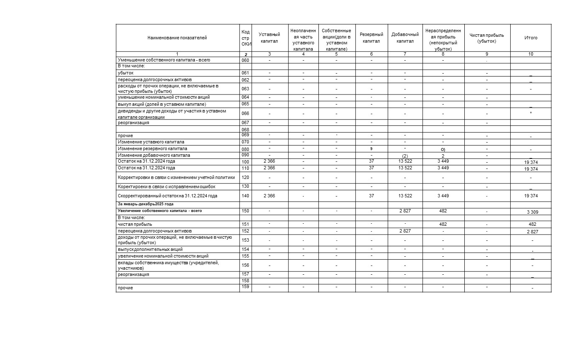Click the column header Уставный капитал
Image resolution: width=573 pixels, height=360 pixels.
(x=270, y=38)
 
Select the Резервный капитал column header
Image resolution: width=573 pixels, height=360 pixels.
(x=371, y=38)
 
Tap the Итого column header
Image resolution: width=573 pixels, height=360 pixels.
(x=531, y=38)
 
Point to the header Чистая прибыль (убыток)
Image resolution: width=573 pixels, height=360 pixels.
(x=487, y=38)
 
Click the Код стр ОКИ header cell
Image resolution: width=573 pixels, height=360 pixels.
(x=246, y=38)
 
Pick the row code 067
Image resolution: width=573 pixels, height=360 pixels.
(x=245, y=123)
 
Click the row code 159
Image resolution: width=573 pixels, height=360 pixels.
(x=245, y=287)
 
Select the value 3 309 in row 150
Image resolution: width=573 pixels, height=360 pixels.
(x=531, y=212)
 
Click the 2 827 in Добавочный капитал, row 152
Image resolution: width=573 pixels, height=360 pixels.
(x=405, y=231)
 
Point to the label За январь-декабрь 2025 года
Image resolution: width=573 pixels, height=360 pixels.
(x=145, y=204)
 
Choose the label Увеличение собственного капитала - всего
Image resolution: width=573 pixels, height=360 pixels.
(x=160, y=211)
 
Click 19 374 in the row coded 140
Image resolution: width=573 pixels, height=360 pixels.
(x=531, y=196)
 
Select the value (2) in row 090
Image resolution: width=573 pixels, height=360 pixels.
(x=405, y=156)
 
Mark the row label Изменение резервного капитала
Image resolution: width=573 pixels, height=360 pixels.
(x=153, y=149)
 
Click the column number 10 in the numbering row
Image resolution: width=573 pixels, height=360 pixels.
(x=531, y=54)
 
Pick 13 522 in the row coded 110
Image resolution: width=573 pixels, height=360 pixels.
(x=405, y=168)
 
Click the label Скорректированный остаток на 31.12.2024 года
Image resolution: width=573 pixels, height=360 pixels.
(x=168, y=196)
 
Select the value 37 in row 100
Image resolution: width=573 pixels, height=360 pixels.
(x=372, y=161)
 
